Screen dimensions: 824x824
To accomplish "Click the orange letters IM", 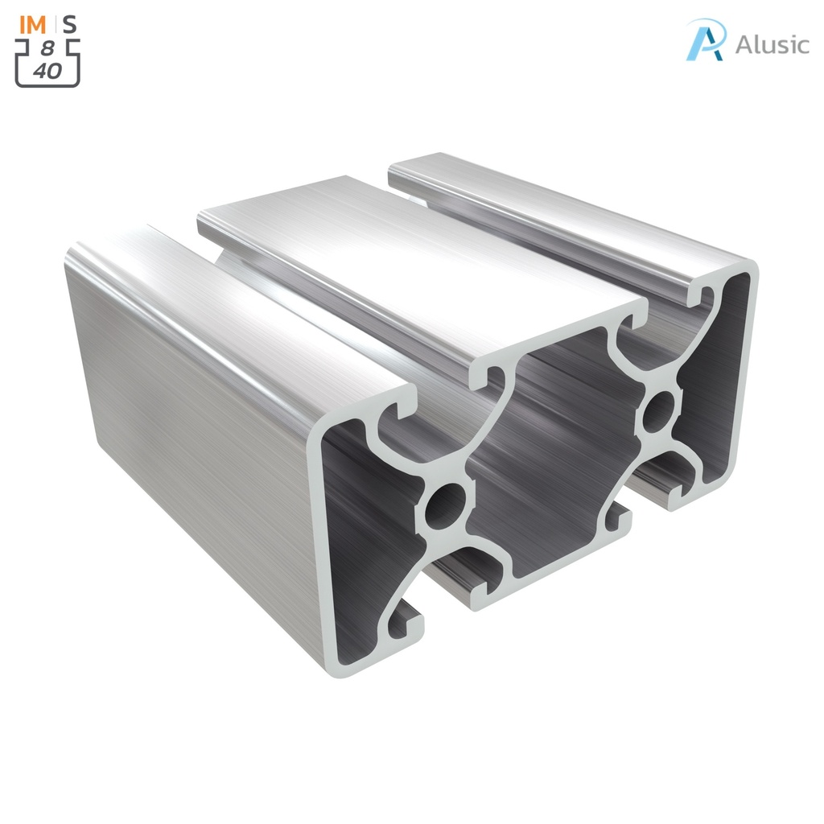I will (x=32, y=24).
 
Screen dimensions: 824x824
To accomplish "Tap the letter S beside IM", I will (x=71, y=24).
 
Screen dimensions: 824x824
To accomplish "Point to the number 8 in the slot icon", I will (x=47, y=50).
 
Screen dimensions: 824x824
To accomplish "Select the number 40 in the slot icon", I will (x=47, y=71).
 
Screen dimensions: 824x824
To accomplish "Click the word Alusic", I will (x=772, y=44).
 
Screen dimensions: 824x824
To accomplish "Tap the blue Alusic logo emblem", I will (x=706, y=39).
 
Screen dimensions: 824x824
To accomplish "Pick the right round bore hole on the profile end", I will (x=659, y=411).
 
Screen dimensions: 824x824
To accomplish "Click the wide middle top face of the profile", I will (x=418, y=266).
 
